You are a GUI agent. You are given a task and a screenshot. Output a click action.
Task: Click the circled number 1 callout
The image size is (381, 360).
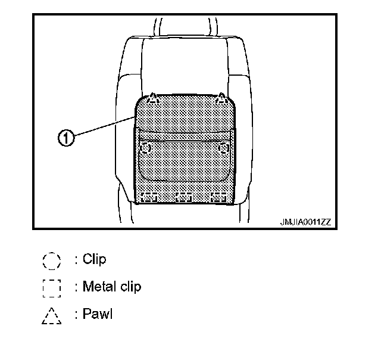coord(66,138)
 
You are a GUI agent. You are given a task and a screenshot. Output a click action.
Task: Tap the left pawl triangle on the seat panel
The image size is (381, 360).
coord(152,97)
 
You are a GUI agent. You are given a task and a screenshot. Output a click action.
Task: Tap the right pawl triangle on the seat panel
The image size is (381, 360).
coord(221,97)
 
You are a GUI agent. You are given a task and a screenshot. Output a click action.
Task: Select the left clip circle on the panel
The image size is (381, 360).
coord(145,147)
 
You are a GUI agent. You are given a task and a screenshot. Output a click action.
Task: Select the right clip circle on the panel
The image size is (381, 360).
coord(224,147)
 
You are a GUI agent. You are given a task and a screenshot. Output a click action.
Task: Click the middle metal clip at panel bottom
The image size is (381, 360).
coord(185,197)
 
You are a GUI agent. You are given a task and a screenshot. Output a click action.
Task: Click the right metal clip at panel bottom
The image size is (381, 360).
coord(220,197)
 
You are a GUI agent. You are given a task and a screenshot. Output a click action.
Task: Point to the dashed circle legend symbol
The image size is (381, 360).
coord(52,260)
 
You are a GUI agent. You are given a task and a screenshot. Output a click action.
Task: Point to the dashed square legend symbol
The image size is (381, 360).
coord(52,287)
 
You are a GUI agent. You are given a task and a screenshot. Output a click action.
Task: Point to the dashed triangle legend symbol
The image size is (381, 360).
coord(52,315)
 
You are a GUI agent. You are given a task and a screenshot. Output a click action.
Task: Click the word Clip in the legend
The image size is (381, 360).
coord(95,260)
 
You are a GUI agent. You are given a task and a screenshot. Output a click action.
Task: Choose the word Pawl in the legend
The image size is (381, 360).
coord(98,314)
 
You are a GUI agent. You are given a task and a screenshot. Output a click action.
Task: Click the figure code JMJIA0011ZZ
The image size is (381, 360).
coord(305,222)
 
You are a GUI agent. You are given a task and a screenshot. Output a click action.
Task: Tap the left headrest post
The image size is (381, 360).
coord(158,27)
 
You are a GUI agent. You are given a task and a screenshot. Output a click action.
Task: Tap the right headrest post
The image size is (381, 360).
coord(209,27)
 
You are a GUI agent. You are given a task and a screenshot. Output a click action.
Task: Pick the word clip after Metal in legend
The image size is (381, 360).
coord(131,287)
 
